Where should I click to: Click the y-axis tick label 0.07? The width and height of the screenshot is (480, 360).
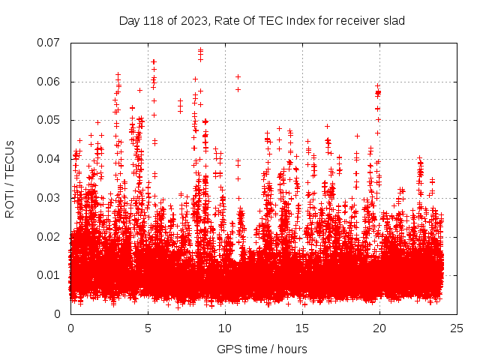click(x=50, y=43)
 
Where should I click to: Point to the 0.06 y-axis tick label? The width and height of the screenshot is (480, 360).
click(x=50, y=82)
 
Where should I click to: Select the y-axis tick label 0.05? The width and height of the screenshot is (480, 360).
click(x=50, y=120)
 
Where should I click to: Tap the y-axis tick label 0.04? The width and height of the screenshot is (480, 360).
click(x=50, y=159)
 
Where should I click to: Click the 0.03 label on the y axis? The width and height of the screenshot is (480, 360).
click(x=50, y=198)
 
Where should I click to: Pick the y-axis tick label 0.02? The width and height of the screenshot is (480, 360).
click(x=50, y=236)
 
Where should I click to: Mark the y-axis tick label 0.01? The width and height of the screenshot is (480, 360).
click(x=50, y=275)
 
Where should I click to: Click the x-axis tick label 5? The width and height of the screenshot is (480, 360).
click(x=148, y=328)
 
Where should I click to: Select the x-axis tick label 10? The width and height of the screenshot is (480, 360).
click(x=225, y=328)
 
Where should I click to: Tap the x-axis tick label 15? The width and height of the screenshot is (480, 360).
click(x=302, y=328)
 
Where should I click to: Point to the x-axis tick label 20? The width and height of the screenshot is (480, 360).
click(x=379, y=328)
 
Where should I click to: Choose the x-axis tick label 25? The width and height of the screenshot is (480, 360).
click(x=457, y=328)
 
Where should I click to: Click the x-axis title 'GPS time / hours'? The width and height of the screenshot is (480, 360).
click(x=262, y=349)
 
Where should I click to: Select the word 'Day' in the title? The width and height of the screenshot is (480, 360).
click(x=129, y=21)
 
